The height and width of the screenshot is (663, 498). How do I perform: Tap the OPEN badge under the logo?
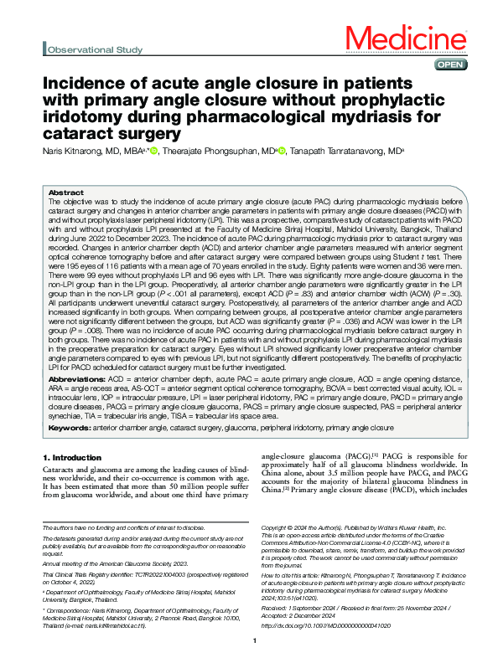[x=445, y=64]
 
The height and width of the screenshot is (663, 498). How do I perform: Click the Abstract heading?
[x=66, y=192]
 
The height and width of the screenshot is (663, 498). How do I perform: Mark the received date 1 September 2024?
[x=315, y=584]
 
